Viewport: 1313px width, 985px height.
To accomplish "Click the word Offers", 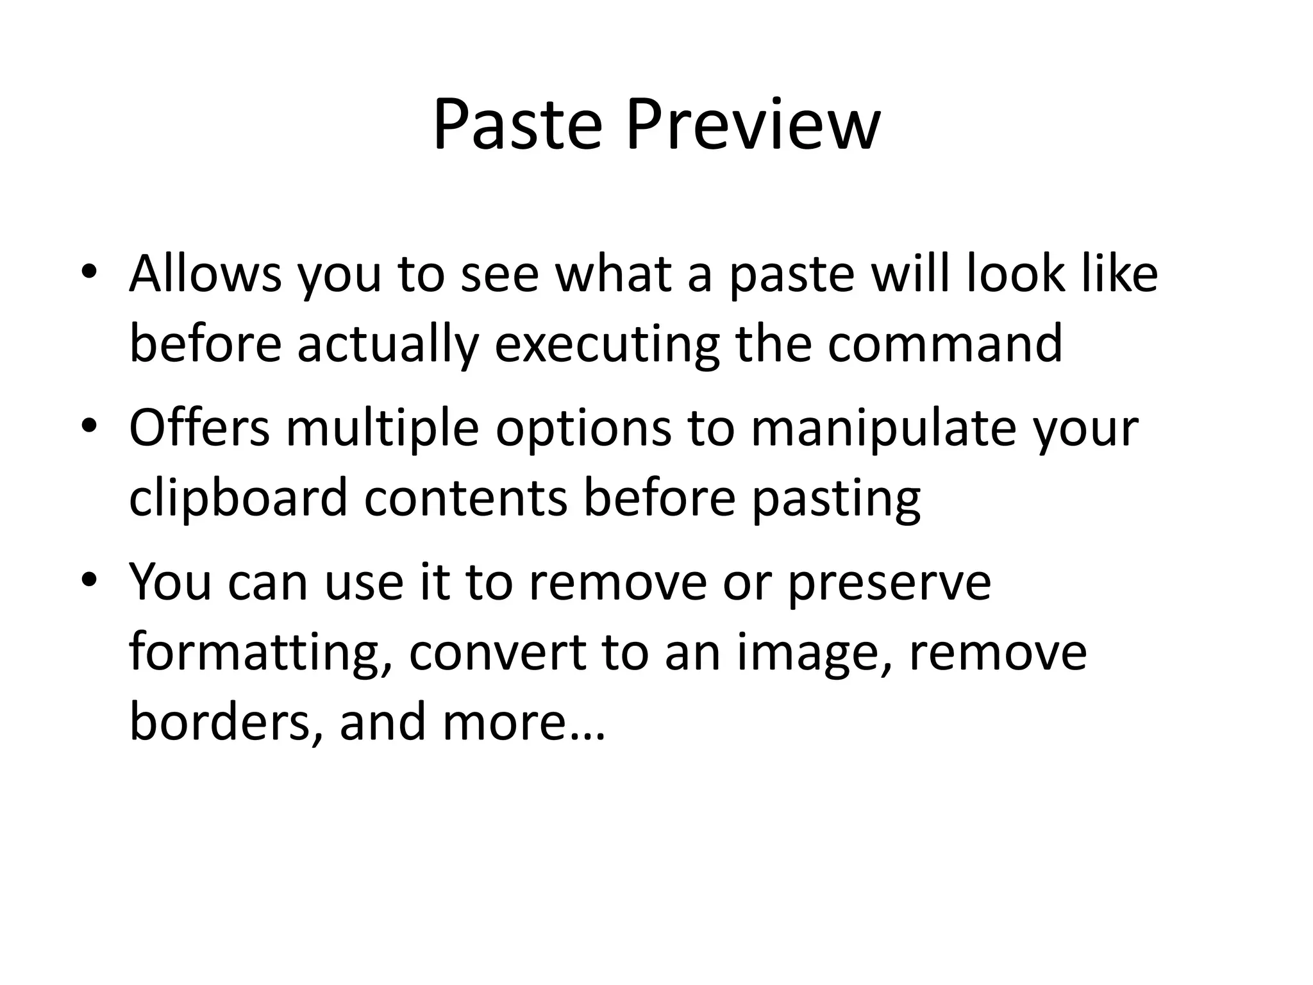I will click(199, 428).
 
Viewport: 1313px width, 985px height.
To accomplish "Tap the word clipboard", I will click(238, 498).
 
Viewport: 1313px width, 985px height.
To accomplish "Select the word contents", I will click(466, 498).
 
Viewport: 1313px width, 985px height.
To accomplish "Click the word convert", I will click(498, 653).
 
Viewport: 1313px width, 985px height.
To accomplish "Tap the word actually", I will click(388, 344).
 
